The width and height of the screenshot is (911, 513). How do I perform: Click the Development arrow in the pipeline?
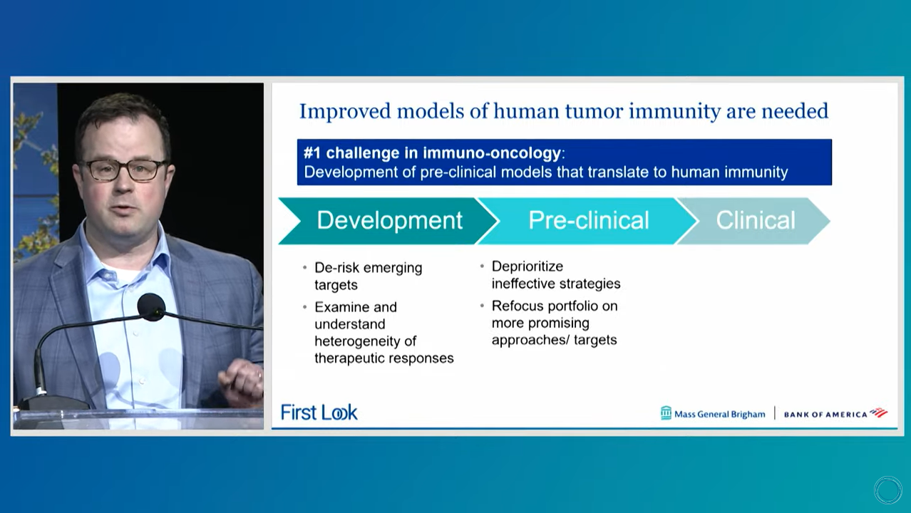pyautogui.click(x=388, y=221)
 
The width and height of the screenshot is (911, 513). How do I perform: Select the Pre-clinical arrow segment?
pyautogui.click(x=587, y=221)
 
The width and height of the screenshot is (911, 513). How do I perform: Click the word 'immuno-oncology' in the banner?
pyautogui.click(x=492, y=153)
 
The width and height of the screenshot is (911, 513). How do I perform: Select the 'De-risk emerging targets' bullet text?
pyautogui.click(x=368, y=276)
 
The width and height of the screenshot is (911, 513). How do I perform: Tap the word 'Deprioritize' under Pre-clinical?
pyautogui.click(x=527, y=266)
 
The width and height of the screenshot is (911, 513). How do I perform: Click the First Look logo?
pyautogui.click(x=319, y=413)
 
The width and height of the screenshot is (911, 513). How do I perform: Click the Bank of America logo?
pyautogui.click(x=835, y=414)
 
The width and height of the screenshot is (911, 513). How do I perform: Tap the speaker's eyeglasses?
pyautogui.click(x=123, y=169)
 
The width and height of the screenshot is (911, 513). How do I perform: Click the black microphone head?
pyautogui.click(x=151, y=307)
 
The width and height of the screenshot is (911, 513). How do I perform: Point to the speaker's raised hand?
pyautogui.click(x=241, y=383)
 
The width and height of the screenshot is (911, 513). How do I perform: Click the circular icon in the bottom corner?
pyautogui.click(x=887, y=490)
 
